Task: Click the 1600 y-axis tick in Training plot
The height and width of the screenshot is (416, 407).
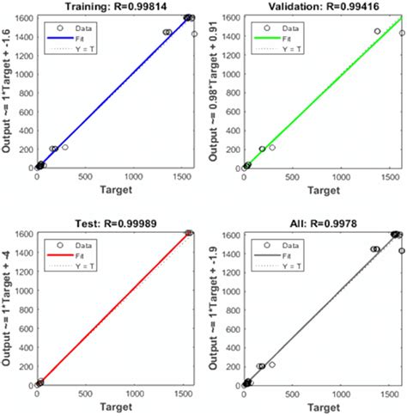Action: pos(21,17)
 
